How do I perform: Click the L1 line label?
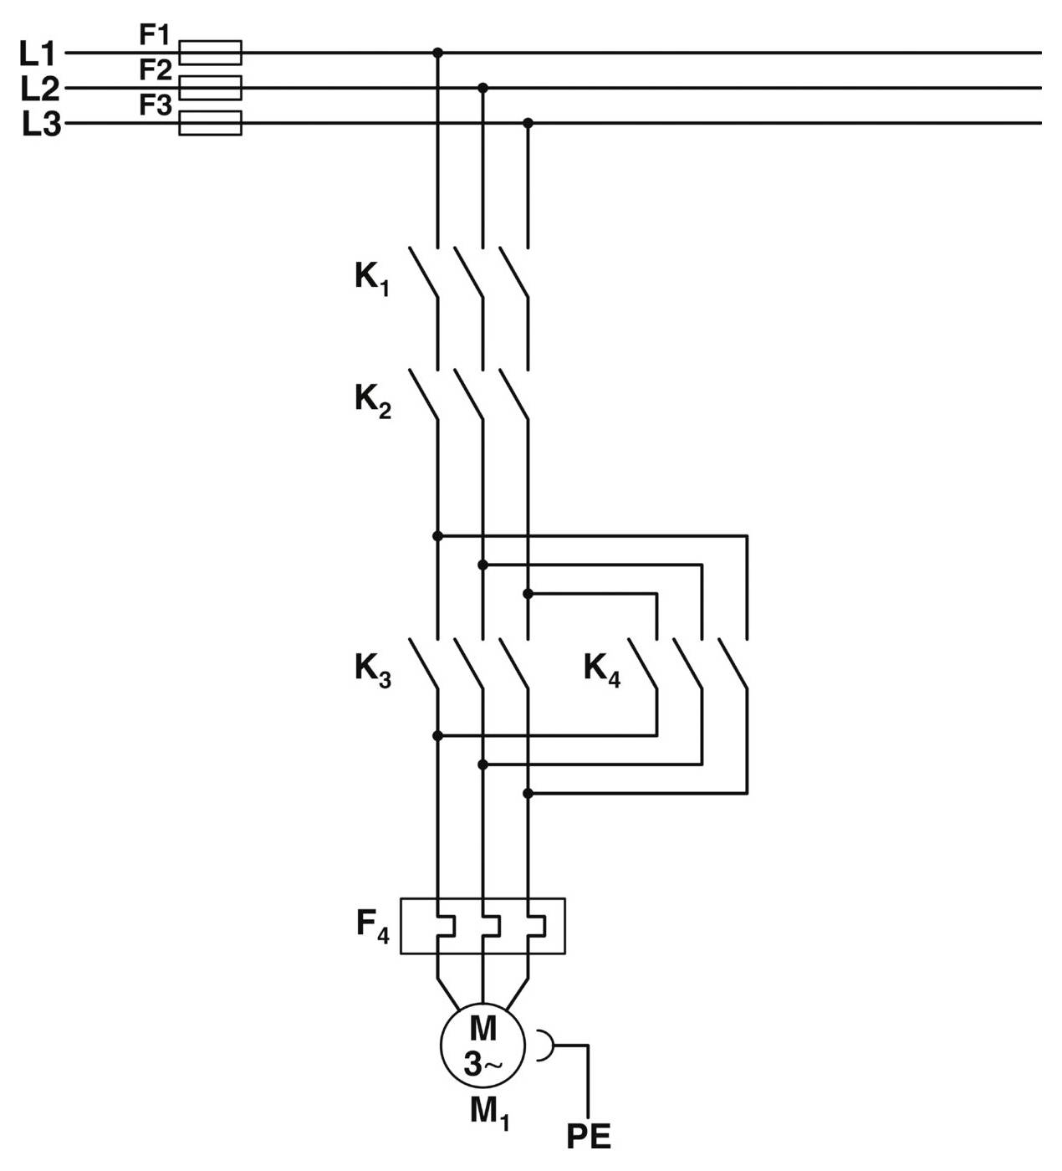point(37,54)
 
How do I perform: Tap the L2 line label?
point(39,89)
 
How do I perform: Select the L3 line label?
point(41,125)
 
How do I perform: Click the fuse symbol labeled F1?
point(211,53)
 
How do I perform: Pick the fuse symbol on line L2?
point(211,88)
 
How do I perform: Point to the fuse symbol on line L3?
point(211,123)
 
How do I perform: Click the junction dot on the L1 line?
point(437,53)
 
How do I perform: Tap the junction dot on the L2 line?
point(482,88)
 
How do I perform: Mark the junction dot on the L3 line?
point(528,123)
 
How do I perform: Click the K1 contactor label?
point(371,278)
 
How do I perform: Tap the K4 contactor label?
point(601,670)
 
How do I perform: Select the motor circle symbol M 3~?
point(482,1045)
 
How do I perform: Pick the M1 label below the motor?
point(489,1112)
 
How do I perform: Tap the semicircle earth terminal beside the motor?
point(544,1045)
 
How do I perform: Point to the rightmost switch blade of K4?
point(733,665)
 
